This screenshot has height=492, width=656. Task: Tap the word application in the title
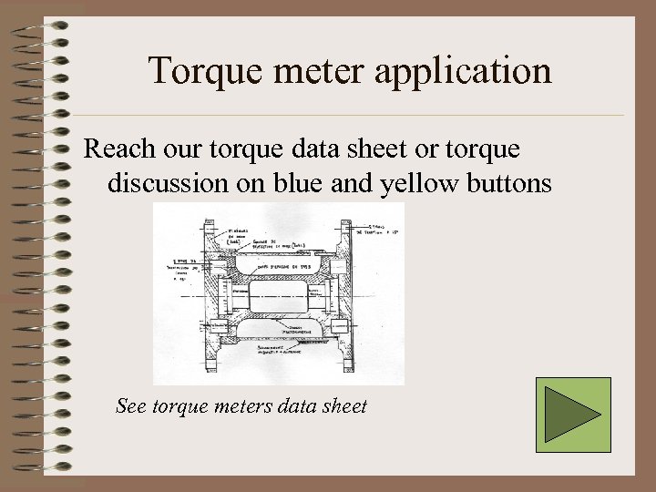[464, 70]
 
